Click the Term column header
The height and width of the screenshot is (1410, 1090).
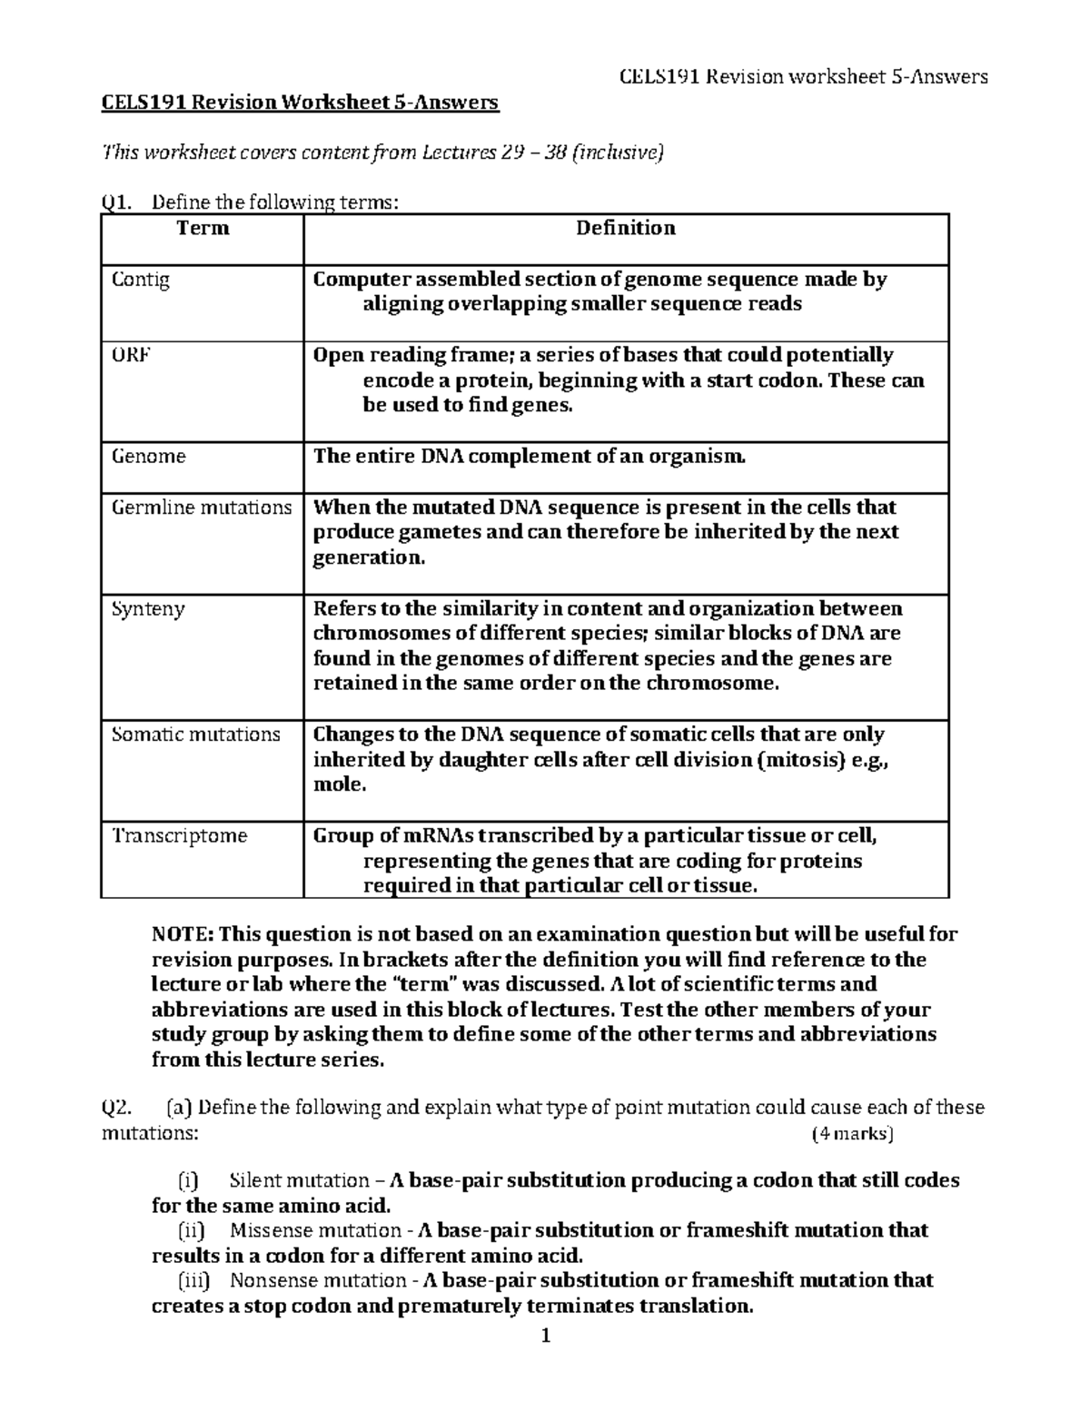tap(203, 228)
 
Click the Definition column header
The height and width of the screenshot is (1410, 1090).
tap(625, 228)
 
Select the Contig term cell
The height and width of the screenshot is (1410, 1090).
tap(140, 280)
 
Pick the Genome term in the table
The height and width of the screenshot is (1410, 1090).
tap(148, 456)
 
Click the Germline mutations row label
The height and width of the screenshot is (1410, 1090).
tap(201, 507)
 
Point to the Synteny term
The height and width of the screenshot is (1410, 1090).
tap(147, 608)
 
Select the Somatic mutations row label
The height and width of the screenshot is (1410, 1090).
tap(195, 734)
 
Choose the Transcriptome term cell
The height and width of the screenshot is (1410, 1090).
tap(179, 835)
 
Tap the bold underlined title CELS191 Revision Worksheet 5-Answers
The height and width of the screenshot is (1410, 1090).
tap(300, 103)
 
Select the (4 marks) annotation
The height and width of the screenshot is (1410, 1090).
tap(852, 1133)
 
